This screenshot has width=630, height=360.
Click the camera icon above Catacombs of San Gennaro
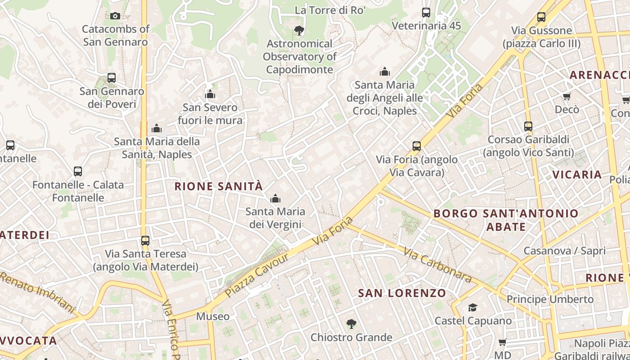tap(115, 16)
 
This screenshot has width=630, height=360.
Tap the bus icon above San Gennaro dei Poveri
tap(112, 78)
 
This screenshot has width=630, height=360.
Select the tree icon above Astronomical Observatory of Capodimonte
tap(299, 31)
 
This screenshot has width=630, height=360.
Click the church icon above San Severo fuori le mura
tap(210, 94)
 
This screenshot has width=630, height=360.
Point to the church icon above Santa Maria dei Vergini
tap(275, 198)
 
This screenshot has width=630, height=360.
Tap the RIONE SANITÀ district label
tap(218, 186)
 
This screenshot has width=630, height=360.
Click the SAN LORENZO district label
tap(402, 293)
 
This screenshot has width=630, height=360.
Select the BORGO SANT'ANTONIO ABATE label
tap(506, 220)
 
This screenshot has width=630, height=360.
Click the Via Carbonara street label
tap(437, 265)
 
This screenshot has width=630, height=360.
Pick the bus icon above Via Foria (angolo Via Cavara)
tap(417, 146)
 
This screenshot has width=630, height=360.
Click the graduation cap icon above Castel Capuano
tap(472, 308)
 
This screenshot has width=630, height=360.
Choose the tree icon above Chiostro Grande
tap(351, 324)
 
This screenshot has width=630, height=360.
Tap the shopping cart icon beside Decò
tap(567, 97)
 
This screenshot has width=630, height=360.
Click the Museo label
tap(213, 316)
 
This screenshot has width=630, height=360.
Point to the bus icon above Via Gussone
tap(541, 18)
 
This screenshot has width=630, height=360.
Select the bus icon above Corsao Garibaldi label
tap(528, 126)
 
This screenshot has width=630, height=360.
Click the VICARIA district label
tap(577, 175)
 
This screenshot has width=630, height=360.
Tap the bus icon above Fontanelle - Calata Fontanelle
tap(78, 171)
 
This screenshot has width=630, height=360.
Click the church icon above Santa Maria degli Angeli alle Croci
tap(385, 72)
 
